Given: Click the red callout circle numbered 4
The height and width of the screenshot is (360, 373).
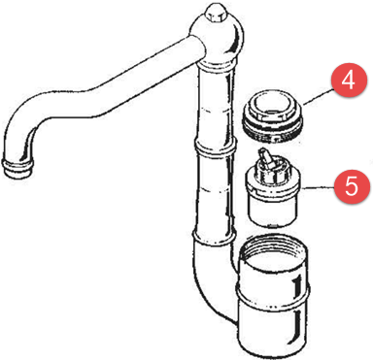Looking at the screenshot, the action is [x=349, y=81].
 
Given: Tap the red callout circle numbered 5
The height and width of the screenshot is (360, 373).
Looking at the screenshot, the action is [x=352, y=186].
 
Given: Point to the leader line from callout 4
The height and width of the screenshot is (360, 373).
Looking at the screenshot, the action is [x=319, y=96].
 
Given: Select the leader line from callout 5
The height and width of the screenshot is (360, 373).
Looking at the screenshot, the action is [x=318, y=187].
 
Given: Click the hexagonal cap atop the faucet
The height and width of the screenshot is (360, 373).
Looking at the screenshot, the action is [x=215, y=12].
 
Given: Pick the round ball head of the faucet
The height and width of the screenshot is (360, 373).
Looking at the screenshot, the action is [x=217, y=39].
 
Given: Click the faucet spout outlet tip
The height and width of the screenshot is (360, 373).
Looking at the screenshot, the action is [x=18, y=167].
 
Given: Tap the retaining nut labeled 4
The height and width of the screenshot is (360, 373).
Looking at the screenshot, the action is [x=273, y=117].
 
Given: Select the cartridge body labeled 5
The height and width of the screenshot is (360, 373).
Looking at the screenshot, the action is [x=272, y=194].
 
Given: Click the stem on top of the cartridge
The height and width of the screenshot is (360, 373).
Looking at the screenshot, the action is [x=266, y=158].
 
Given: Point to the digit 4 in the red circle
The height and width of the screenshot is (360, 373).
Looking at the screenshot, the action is [x=349, y=80].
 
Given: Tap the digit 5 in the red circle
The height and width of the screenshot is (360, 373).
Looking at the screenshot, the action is [x=352, y=186].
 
